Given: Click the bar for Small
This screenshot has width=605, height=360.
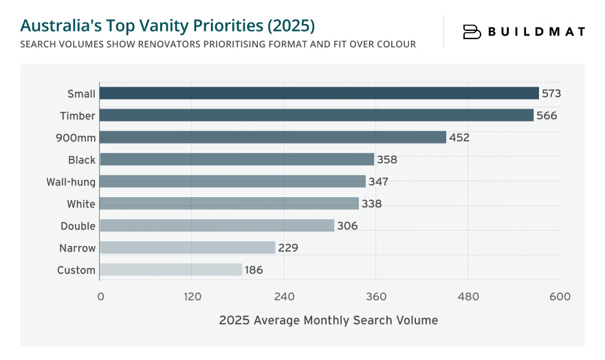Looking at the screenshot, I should (319, 93).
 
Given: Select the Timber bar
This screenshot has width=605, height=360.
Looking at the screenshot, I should (316, 115).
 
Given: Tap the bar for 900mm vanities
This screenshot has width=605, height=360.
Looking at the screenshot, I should (273, 137).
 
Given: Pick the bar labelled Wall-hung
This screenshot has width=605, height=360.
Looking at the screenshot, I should (232, 181).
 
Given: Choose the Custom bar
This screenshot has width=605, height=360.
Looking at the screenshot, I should (171, 270).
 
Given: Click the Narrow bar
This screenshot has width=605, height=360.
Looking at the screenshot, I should (188, 248).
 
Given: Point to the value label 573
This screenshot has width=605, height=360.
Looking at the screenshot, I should (551, 93).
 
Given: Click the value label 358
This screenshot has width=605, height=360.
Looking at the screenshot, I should (387, 160).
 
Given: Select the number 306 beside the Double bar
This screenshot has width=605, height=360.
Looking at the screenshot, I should (347, 226).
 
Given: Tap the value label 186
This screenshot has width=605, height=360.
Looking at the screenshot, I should (254, 270).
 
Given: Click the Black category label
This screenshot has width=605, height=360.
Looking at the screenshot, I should (82, 160).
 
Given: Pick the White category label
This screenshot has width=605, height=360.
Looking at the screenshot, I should (81, 204).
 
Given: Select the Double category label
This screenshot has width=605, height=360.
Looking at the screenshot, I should (78, 226).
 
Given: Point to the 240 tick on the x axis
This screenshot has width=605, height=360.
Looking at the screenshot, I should (284, 297).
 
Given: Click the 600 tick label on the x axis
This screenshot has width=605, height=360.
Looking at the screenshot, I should (560, 297).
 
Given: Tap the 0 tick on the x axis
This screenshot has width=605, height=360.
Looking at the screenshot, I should (100, 297).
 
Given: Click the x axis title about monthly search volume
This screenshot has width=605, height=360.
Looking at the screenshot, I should (328, 320).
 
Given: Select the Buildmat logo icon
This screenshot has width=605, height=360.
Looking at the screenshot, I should (472, 32).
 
